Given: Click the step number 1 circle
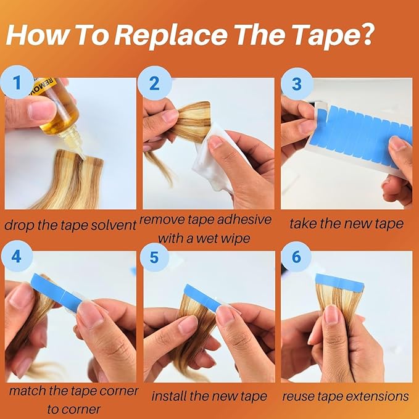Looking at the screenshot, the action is [17, 82].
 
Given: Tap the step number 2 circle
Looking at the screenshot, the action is [154, 83].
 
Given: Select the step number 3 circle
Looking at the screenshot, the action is [297, 84].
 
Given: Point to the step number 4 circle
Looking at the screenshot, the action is [17, 257].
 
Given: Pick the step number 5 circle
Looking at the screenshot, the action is [154, 257].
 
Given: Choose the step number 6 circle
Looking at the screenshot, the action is [296, 257].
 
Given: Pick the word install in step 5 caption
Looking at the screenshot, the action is [169, 396].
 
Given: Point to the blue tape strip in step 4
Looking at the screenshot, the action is [56, 291].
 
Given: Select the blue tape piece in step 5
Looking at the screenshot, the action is [202, 297].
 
